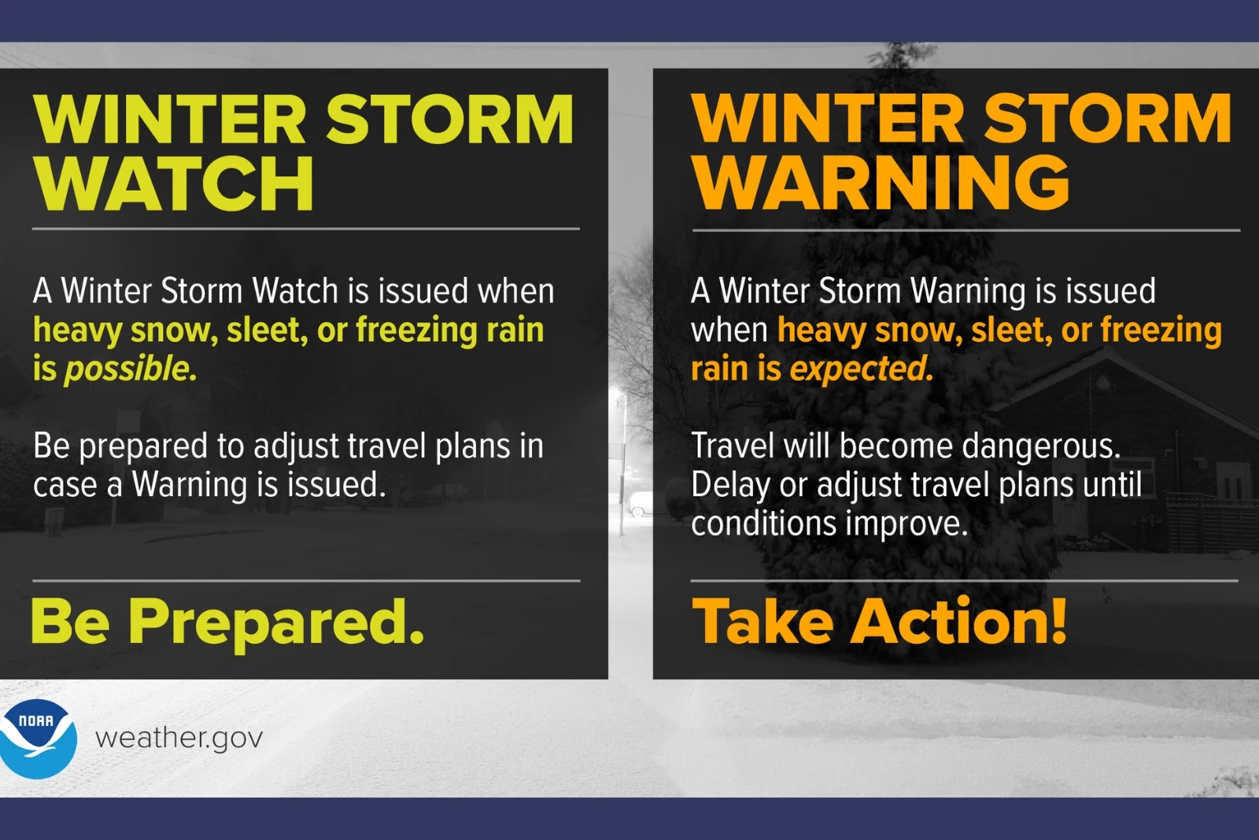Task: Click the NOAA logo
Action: click(37, 738)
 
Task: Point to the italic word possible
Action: click(131, 369)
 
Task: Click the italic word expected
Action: click(861, 369)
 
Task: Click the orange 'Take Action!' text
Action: click(879, 620)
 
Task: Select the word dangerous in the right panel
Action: click(1041, 446)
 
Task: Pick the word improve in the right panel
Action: click(906, 524)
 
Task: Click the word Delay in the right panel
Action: click(731, 485)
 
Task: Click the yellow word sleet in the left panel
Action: click(267, 330)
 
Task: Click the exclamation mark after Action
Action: click(1058, 620)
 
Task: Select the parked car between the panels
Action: click(639, 503)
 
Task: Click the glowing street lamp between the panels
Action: click(618, 392)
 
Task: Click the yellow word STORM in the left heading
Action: click(449, 119)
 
